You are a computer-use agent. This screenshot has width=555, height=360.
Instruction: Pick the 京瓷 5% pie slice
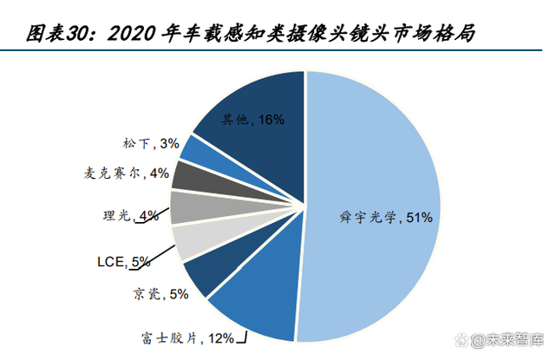(x=206, y=274)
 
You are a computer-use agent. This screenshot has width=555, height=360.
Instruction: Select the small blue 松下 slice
(x=197, y=150)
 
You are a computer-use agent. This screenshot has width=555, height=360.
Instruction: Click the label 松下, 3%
(x=152, y=142)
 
